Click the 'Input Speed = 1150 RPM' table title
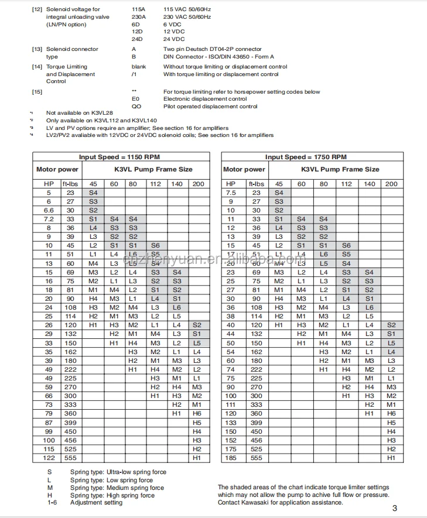(119, 157)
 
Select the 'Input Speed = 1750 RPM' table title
(306, 157)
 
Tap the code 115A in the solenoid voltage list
(138, 9)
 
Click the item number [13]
(37, 49)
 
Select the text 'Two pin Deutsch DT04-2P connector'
(212, 49)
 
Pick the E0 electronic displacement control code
(136, 100)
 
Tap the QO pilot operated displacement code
(136, 107)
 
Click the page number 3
(395, 508)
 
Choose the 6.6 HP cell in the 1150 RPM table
(49, 210)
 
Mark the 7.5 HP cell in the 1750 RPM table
(231, 193)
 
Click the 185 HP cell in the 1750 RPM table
(231, 458)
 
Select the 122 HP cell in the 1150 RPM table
(49, 458)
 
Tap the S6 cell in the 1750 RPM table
(346, 245)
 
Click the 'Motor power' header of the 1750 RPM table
(244, 169)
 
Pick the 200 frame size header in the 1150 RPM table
(198, 184)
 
